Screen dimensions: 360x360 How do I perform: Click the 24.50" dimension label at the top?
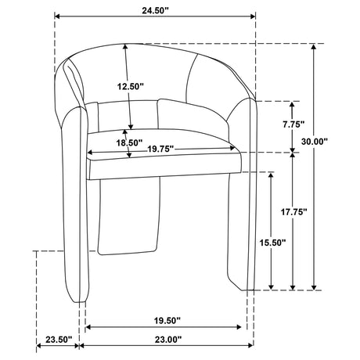pos(156,10)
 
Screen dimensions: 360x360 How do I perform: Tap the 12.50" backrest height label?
pos(131,86)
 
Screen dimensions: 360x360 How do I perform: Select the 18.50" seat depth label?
pos(129,142)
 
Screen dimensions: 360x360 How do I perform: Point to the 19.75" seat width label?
pos(160,149)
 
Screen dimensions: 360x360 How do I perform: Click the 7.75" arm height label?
pos(294,124)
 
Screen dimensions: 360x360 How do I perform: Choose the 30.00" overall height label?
pos(314,142)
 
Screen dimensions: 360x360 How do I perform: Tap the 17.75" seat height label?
pos(293,212)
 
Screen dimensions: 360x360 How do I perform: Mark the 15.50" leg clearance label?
pos(272,243)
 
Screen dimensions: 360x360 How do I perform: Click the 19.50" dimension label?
pos(167,320)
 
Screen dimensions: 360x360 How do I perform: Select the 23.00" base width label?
pos(168,340)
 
